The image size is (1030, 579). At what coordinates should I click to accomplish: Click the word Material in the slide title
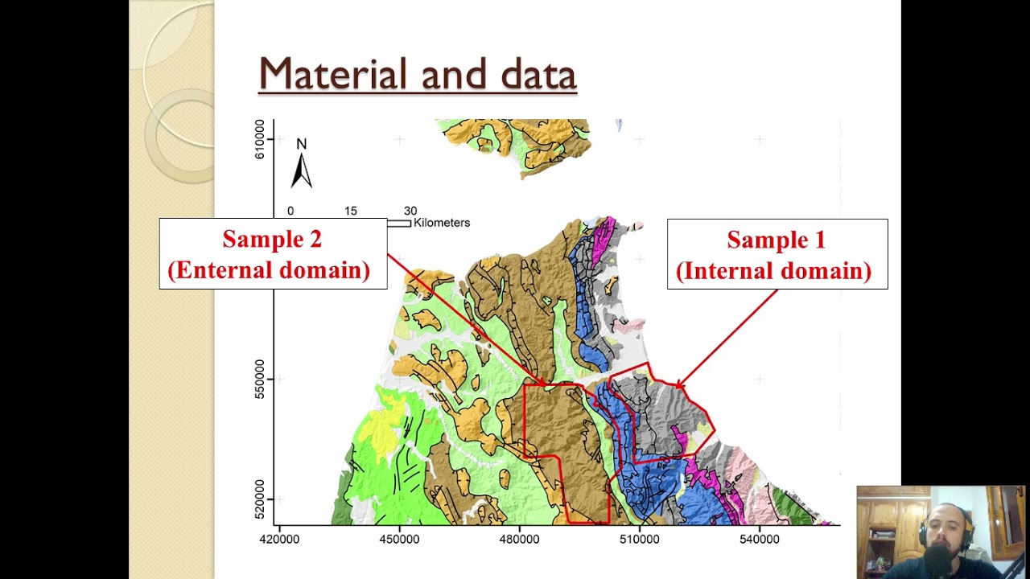pos(332,74)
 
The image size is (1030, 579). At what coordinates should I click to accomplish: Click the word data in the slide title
pos(538,74)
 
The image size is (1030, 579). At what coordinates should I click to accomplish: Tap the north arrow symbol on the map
pos(301,170)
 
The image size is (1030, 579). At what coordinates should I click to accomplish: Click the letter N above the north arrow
pos(301,145)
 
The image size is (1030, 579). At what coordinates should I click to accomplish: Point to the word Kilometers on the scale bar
pos(441,223)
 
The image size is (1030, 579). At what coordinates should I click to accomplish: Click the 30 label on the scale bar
pos(410,211)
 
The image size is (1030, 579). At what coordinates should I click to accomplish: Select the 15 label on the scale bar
pos(351,211)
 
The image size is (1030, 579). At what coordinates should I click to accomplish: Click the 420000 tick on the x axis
pos(279,539)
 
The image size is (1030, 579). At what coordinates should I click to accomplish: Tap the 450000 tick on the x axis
pos(399,539)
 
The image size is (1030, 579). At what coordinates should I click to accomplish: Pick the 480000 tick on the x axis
pos(519,539)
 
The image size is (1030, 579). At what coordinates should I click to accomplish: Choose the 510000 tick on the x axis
pos(639,539)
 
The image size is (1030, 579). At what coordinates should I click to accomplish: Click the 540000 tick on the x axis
pos(759,539)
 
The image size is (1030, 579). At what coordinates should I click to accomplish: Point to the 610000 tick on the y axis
pos(260,139)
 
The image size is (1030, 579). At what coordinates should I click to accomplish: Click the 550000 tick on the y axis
pos(260,379)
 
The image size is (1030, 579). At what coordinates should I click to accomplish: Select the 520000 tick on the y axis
pos(260,499)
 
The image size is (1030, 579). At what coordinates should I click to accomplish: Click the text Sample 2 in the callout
pos(272,240)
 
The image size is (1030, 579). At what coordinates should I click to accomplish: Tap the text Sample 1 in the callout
pos(776,240)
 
